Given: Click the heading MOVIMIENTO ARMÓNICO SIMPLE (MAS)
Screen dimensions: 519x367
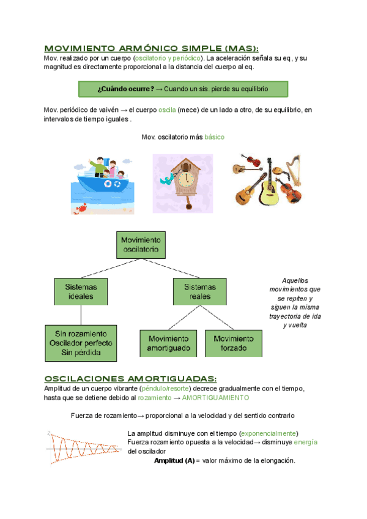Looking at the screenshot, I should click(x=151, y=48).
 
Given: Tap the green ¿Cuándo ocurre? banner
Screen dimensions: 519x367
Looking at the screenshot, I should click(x=183, y=89).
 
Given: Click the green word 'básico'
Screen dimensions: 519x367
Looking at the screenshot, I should click(x=214, y=137).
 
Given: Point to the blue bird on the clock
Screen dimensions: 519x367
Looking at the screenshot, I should click(x=165, y=179).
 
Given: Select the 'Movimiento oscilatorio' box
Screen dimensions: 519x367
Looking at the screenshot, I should click(x=141, y=245).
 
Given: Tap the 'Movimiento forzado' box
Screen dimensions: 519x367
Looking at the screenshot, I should click(x=233, y=343).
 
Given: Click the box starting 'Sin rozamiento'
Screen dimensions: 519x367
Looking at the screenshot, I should click(x=81, y=343).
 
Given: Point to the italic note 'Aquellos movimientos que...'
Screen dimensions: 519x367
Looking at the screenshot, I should click(x=294, y=302).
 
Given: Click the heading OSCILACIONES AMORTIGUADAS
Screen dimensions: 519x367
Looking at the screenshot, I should click(x=131, y=378).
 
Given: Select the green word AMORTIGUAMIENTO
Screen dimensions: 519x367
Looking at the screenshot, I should click(x=215, y=398).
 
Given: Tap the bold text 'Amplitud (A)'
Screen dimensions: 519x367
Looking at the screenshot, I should click(x=174, y=461).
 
